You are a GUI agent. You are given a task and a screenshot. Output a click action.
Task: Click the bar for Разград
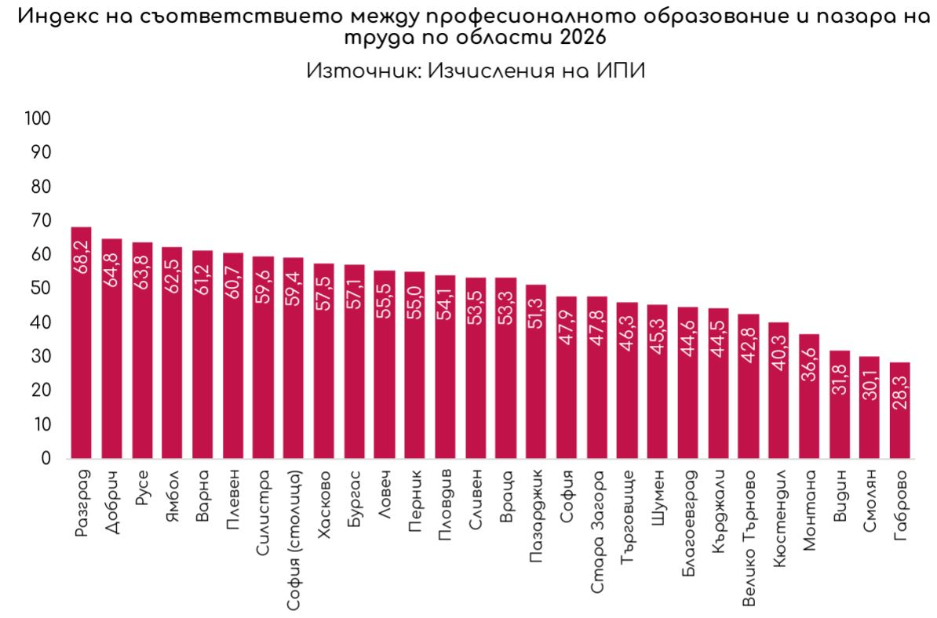tap(82, 343)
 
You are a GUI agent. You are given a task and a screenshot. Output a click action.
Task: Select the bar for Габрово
tap(900, 410)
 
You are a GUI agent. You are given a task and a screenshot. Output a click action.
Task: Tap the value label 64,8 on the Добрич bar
tap(111, 271)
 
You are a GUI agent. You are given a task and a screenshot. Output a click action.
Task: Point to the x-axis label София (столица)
tap(293, 540)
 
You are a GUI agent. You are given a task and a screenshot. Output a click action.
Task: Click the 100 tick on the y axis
tap(37, 118)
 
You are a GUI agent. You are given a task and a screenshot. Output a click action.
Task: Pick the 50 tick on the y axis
tap(39, 289)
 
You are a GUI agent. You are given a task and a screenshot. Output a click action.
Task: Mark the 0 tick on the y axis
tap(46, 459)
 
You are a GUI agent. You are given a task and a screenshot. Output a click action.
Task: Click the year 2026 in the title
tap(583, 37)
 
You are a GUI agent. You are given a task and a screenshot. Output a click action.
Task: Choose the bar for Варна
tap(202, 354)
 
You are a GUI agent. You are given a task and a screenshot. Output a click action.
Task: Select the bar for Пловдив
tap(445, 366)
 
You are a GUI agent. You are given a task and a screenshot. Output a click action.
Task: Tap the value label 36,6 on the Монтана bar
tap(809, 364)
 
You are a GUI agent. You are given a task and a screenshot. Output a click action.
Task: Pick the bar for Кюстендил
tap(778, 391)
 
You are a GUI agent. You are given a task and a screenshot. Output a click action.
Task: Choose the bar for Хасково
tap(324, 362)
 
